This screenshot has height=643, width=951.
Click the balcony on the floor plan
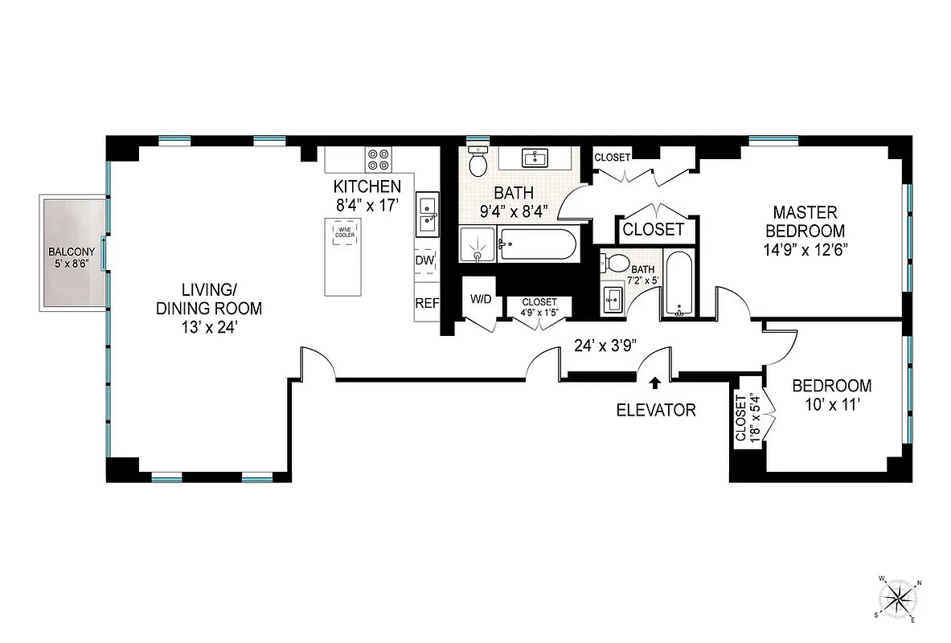[x=71, y=253]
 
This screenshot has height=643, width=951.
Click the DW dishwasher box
[x=425, y=261]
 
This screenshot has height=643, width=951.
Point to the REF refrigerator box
[x=425, y=303]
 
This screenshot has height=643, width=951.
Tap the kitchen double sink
[x=426, y=215]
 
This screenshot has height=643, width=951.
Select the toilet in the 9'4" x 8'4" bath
[x=478, y=162]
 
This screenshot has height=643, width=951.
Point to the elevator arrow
[x=656, y=383]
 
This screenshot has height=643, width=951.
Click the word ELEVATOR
[x=655, y=410]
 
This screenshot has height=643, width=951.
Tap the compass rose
[x=898, y=599]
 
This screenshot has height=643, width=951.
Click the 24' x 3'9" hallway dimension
[x=605, y=346]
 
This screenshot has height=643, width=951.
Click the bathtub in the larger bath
[x=537, y=244]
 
